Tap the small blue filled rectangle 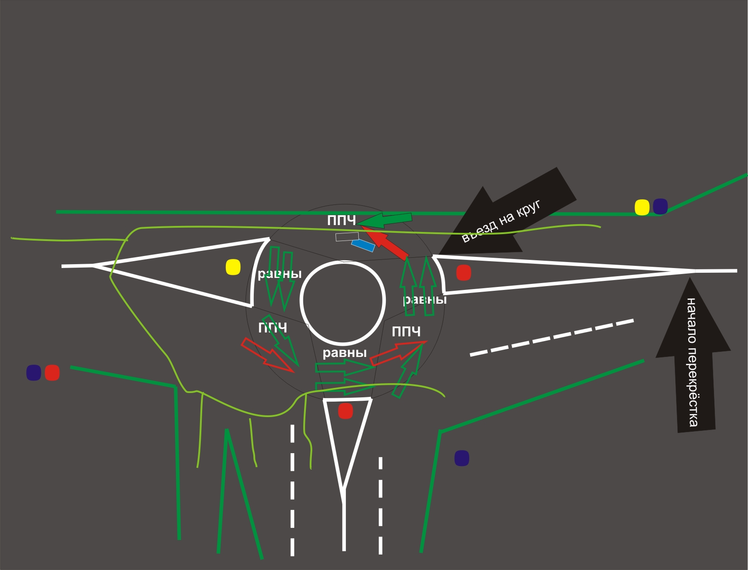pyautogui.click(x=363, y=245)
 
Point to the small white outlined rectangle pyautogui.click(x=347, y=237)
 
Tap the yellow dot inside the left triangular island pyautogui.click(x=233, y=267)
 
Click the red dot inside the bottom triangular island pyautogui.click(x=345, y=411)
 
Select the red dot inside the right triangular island pyautogui.click(x=463, y=273)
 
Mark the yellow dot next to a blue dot pyautogui.click(x=642, y=207)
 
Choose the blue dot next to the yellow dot pyautogui.click(x=660, y=207)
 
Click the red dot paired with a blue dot pyautogui.click(x=52, y=373)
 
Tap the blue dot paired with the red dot pyautogui.click(x=34, y=373)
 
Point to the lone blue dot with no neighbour pyautogui.click(x=462, y=458)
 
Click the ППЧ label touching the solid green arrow pyautogui.click(x=342, y=220)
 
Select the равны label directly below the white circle pyautogui.click(x=345, y=353)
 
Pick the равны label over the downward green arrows pyautogui.click(x=280, y=274)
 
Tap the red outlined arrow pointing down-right pyautogui.click(x=267, y=355)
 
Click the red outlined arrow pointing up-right pyautogui.click(x=398, y=353)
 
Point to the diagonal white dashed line pyautogui.click(x=551, y=338)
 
